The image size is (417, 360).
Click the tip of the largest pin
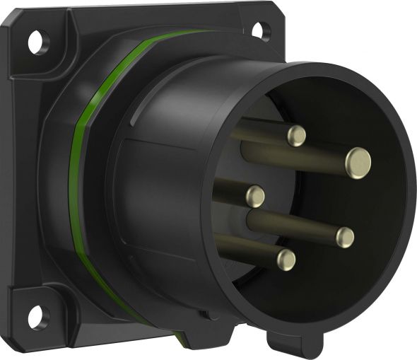[358, 162]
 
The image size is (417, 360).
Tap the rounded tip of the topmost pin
[295, 135]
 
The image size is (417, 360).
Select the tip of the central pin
[254, 196]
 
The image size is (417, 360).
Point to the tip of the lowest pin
[286, 258]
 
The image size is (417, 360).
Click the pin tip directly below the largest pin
[345, 236]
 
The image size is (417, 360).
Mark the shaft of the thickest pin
[297, 152]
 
